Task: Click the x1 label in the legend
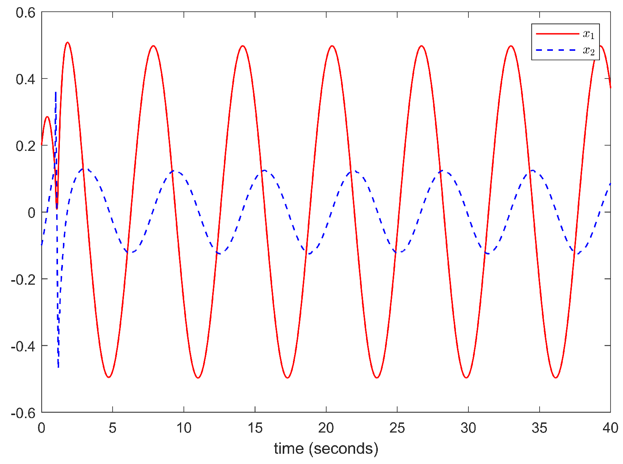click(589, 34)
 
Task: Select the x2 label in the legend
click(589, 51)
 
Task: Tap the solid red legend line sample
click(557, 34)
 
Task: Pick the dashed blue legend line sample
click(557, 50)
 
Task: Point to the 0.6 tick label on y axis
click(25, 13)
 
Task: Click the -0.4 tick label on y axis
click(23, 346)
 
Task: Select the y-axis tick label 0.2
click(25, 146)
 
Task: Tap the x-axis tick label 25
click(397, 428)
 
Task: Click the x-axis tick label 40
click(610, 428)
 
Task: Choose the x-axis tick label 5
click(113, 428)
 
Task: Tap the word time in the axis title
click(289, 449)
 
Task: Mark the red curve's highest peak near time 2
click(67, 42)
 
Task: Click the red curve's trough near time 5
click(109, 377)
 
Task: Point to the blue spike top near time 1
click(56, 92)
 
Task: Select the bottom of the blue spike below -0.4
click(58, 367)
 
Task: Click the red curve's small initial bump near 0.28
click(47, 117)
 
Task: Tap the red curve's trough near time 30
click(466, 378)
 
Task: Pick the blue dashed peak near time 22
click(354, 171)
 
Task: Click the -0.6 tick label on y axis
click(23, 413)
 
